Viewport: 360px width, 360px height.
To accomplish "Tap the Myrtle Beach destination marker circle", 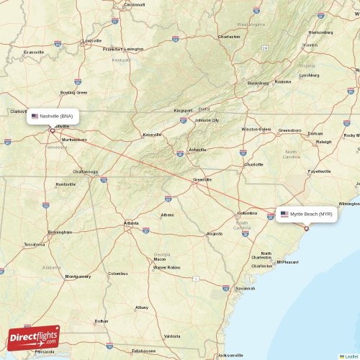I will click(x=306, y=229).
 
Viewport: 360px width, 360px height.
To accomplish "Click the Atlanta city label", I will click(x=131, y=223).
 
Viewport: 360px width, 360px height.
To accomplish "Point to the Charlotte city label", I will click(x=253, y=164).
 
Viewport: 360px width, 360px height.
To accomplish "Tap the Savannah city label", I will click(x=245, y=288).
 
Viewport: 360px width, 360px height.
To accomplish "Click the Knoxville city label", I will click(x=152, y=135).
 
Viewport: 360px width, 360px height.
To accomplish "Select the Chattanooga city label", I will click(x=85, y=172).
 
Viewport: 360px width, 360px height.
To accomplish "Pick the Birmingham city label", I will click(x=60, y=232).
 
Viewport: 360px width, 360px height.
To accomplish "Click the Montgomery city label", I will click(x=78, y=276).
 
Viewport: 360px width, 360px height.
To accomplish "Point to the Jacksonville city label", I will click(x=231, y=355).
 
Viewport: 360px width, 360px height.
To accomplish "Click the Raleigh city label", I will click(x=324, y=142).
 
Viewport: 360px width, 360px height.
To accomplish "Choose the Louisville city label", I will click(x=91, y=40).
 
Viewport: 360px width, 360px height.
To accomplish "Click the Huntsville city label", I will click(x=65, y=184).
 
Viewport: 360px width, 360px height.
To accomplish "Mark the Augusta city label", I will click(x=214, y=234).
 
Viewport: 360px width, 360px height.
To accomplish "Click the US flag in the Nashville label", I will click(x=35, y=115).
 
